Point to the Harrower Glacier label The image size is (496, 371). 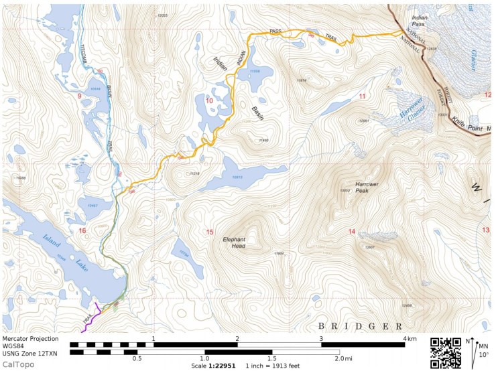[407, 108]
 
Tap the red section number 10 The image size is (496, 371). [209, 100]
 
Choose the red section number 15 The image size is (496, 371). [210, 232]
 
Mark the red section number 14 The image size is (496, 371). [351, 232]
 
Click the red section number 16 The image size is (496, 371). [82, 231]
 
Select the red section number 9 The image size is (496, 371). [80, 97]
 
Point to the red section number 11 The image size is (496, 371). [362, 97]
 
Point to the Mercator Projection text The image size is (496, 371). [31, 339]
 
